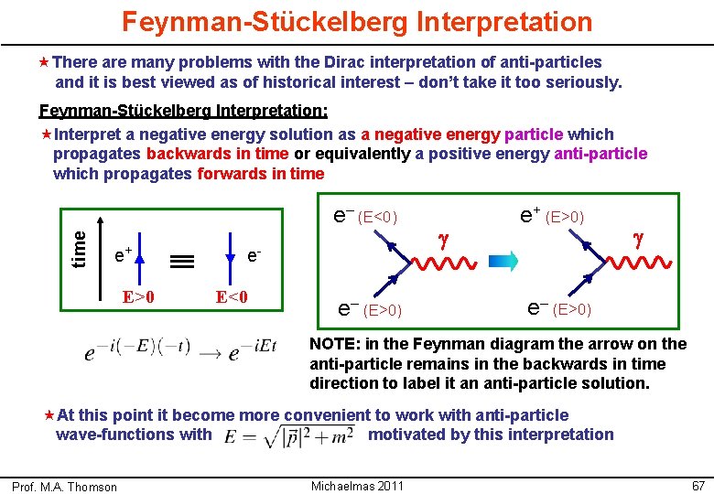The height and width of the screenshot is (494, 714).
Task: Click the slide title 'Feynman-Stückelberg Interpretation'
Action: [x=357, y=21]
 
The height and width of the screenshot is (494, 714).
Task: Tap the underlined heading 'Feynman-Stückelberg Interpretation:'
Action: [x=183, y=113]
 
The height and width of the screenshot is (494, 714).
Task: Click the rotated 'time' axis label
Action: [x=80, y=247]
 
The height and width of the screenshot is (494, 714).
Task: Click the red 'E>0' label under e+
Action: [x=138, y=296]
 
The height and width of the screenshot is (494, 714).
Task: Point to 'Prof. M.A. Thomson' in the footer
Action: [x=65, y=486]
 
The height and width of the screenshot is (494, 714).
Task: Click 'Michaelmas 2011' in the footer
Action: [x=357, y=485]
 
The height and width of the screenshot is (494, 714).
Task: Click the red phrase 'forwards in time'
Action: [x=261, y=174]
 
